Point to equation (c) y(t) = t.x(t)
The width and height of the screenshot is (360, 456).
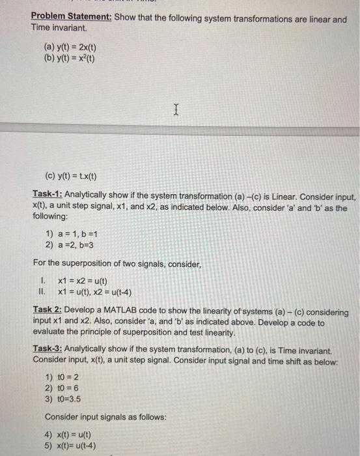click(71, 175)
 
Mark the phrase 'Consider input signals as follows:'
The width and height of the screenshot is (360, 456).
click(101, 416)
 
